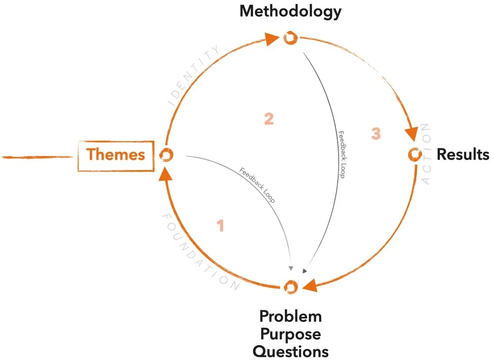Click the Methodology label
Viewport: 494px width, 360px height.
290,11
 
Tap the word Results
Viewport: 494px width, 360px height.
462,155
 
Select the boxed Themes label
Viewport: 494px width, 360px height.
116,155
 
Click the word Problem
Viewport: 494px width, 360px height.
290,316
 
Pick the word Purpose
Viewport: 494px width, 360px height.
290,334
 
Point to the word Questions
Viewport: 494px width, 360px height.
290,351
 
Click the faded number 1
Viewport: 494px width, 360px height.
220,226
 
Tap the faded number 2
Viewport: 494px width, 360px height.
269,119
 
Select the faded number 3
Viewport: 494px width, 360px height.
376,134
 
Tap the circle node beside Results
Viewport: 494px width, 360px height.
414,154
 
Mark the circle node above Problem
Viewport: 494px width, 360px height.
290,286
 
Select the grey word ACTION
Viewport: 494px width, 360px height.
426,154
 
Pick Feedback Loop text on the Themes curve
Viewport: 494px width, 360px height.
257,185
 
